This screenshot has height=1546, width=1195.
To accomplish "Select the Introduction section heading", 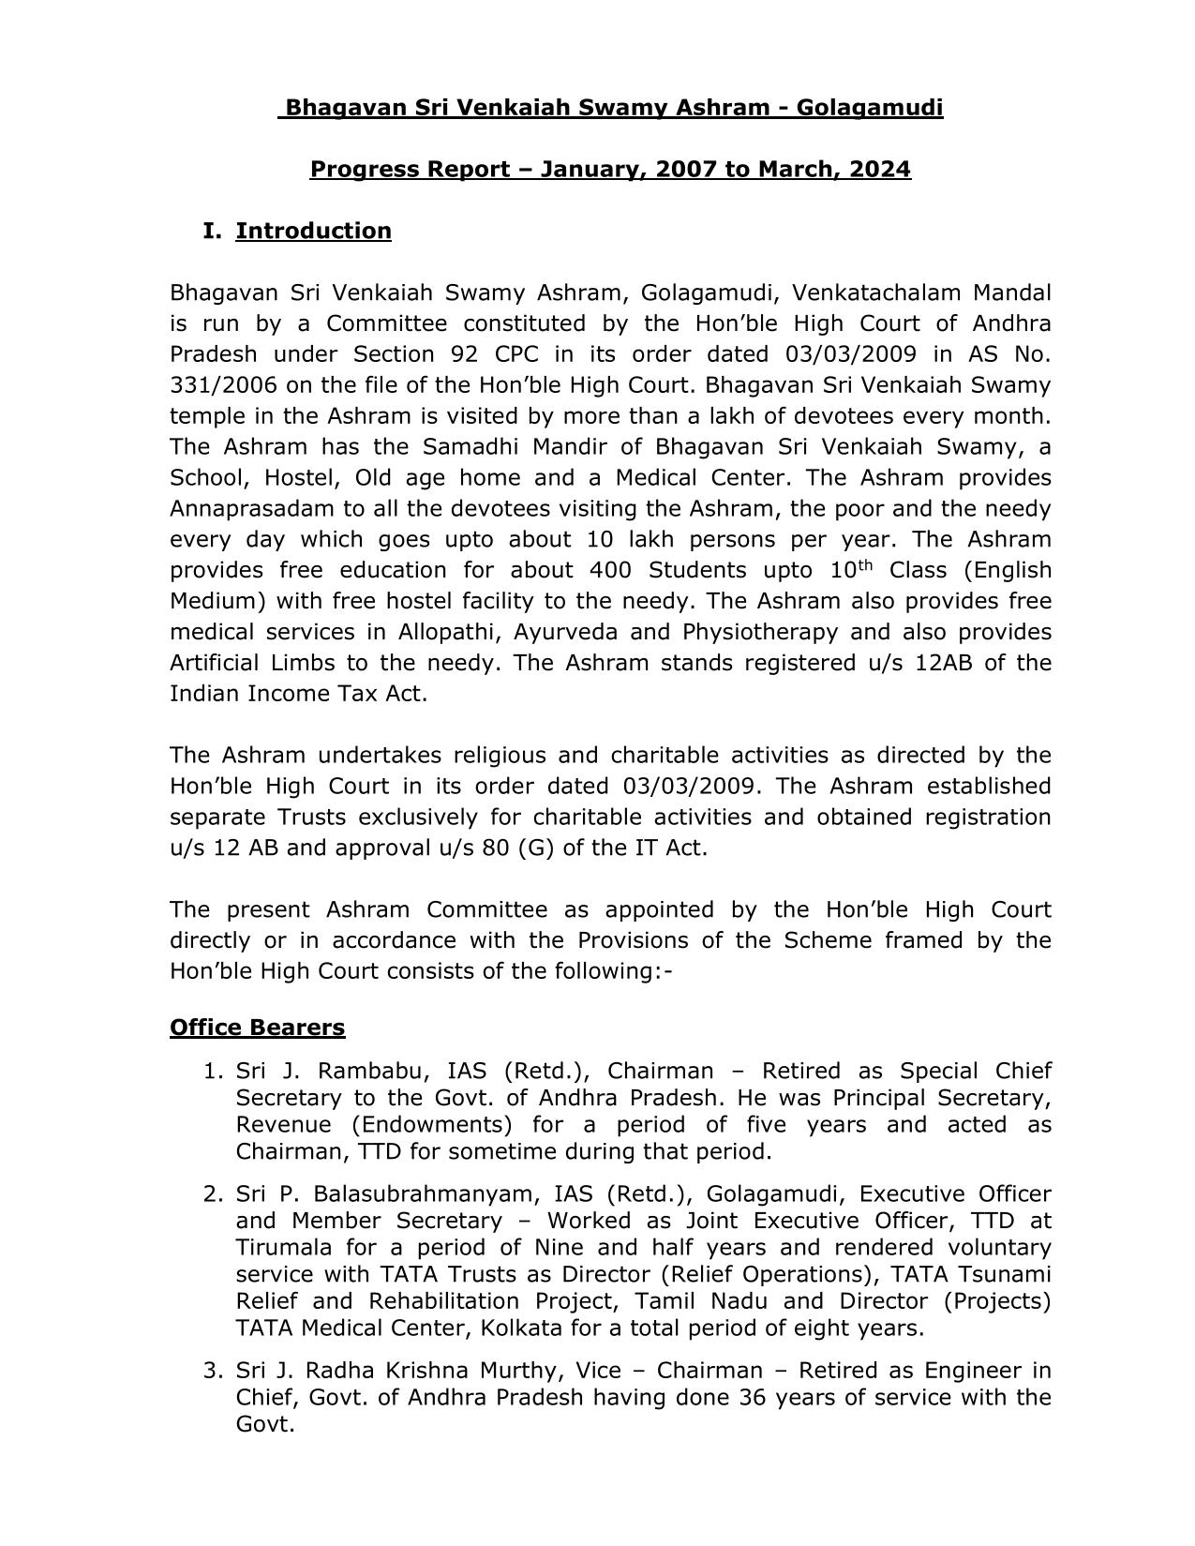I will (313, 232).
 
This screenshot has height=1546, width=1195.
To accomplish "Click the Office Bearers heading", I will (257, 1028).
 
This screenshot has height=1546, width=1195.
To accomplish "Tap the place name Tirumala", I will (282, 1249).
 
